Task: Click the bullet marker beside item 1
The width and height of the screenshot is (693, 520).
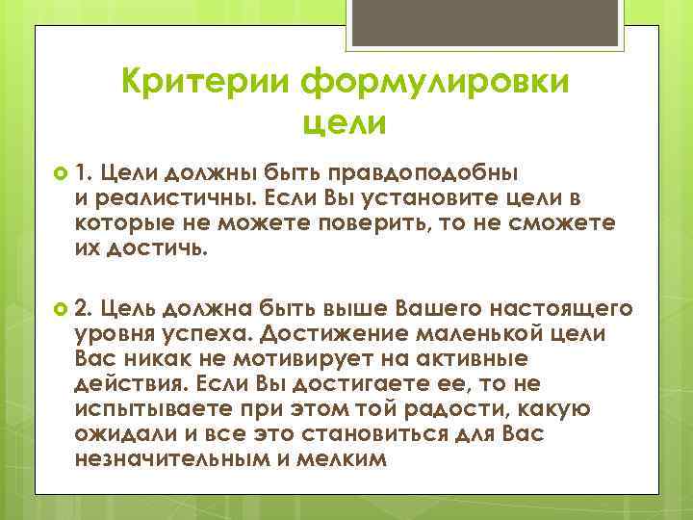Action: coord(59,173)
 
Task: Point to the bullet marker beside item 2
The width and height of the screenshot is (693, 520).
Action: coord(59,308)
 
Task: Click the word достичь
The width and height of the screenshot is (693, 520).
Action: coord(158,248)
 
